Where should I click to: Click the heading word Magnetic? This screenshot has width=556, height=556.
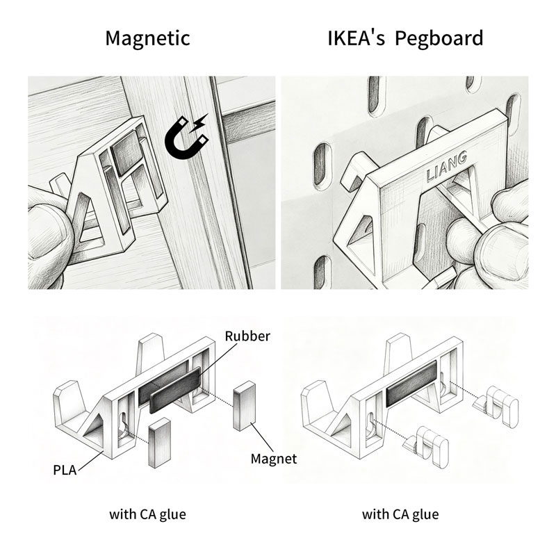click(x=147, y=39)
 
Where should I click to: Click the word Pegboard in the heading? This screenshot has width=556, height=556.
click(x=439, y=39)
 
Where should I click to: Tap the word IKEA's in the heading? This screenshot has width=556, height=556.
click(x=356, y=38)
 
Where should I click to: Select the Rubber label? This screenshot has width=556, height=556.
click(x=247, y=336)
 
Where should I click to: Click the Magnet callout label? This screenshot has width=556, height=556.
click(x=274, y=459)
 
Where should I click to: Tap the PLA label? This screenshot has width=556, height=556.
click(x=65, y=471)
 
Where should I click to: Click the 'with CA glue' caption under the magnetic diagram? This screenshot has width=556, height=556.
click(x=147, y=514)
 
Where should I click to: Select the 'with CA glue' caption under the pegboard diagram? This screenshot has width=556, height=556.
click(x=400, y=514)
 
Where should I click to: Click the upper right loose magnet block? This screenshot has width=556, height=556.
click(x=244, y=406)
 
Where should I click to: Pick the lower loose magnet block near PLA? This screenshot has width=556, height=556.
click(x=160, y=443)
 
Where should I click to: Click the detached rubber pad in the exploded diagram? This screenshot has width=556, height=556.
click(x=176, y=390)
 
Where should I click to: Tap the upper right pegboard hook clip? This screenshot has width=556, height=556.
click(x=496, y=406)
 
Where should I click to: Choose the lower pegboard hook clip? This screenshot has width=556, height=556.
click(x=426, y=446)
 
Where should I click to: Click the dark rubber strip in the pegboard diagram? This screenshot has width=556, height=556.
click(x=411, y=384)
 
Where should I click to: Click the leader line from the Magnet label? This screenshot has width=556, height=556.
click(x=263, y=438)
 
